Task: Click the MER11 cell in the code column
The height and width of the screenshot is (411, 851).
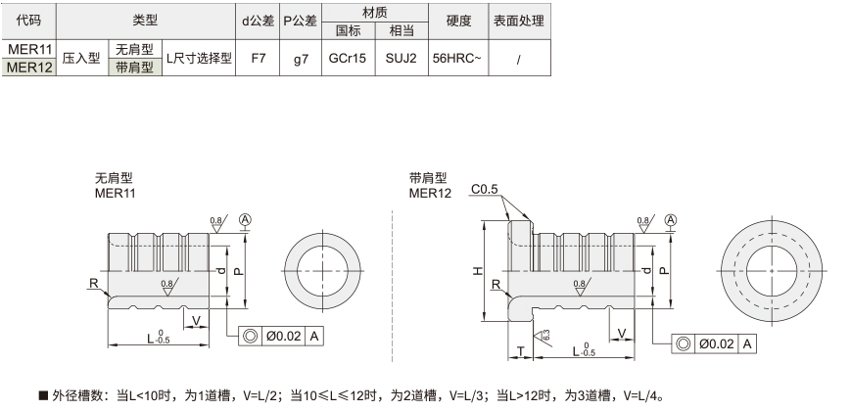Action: click(x=29, y=49)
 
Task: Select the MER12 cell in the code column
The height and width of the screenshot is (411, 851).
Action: click(x=29, y=68)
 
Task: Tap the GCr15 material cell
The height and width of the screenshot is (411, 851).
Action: click(x=348, y=58)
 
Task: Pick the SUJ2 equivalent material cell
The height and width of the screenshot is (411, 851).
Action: click(x=402, y=58)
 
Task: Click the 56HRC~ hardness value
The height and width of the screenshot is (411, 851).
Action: click(x=457, y=58)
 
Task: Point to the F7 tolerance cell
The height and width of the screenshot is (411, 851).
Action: click(x=259, y=58)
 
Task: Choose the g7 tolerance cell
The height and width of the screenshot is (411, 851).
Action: click(x=301, y=59)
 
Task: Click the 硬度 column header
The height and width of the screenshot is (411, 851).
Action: click(x=458, y=22)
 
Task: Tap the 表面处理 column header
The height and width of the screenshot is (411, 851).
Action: click(x=518, y=22)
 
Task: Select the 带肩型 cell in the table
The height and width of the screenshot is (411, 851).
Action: click(x=135, y=68)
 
